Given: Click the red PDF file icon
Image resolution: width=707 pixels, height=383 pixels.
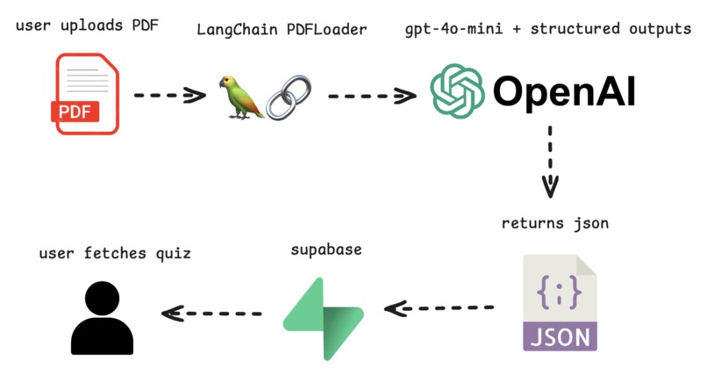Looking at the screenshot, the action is click(85, 94).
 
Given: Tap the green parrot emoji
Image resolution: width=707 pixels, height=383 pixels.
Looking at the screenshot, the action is click(241, 98).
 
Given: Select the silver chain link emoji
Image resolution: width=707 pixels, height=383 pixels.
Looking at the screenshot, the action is click(289, 98).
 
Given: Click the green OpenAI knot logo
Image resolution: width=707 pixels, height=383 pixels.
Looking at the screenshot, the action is click(457, 91).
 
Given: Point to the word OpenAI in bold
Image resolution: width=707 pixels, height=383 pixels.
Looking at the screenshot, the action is click(565, 91).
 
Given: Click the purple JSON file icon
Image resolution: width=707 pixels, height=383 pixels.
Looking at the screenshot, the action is click(560, 302).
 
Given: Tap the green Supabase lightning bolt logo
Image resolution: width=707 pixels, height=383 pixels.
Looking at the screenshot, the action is click(324, 319).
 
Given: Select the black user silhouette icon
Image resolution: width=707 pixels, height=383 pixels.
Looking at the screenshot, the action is click(102, 318).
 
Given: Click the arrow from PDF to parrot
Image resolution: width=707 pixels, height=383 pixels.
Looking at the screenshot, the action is click(170, 95).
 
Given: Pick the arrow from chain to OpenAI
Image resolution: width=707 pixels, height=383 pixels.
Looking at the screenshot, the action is click(373, 96).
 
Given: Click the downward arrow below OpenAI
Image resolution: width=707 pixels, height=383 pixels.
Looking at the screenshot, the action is click(550, 162).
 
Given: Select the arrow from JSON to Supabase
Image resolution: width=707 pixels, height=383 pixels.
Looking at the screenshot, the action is click(439, 308).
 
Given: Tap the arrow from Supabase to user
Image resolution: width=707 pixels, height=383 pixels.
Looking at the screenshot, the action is click(211, 313).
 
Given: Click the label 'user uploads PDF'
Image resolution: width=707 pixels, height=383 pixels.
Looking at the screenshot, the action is click(87, 25).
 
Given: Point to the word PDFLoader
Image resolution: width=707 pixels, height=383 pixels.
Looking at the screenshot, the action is click(327, 30).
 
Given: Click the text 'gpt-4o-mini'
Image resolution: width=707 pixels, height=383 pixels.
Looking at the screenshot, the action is click(453, 29).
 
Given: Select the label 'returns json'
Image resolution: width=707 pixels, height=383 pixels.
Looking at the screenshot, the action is click(555, 223).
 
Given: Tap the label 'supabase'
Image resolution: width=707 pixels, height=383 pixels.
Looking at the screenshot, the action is click(326, 249).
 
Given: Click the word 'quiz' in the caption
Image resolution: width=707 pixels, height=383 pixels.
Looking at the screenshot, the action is click(173, 253).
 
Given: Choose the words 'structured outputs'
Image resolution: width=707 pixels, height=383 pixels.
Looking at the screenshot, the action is click(611, 29).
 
